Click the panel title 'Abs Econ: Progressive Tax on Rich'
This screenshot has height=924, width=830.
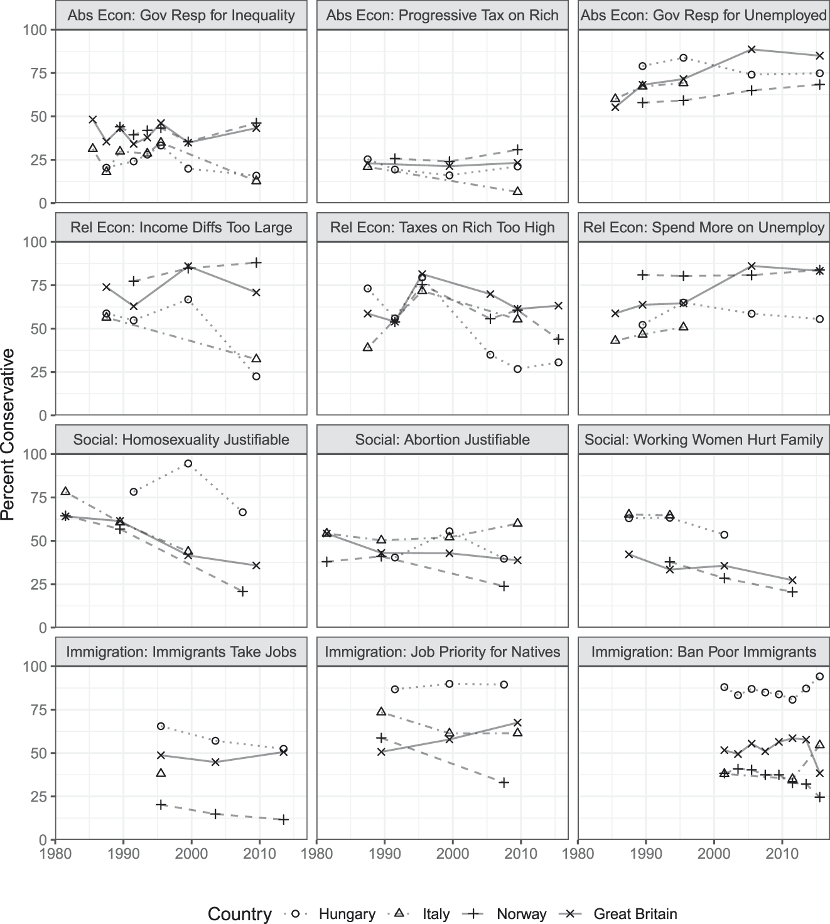coord(442,16)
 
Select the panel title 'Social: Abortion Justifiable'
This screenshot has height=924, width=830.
coord(442,440)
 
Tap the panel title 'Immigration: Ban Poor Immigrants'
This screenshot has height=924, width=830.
coord(703,652)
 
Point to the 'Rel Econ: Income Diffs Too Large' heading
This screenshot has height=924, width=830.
coord(181,228)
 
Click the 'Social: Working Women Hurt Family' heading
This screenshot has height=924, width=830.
coord(703,440)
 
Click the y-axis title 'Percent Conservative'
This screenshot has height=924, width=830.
coord(8,434)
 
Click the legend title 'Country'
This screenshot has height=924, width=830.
coord(240,914)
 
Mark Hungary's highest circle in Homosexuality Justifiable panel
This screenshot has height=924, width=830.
coord(188,464)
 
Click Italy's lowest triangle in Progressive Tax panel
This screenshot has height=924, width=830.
coord(517,191)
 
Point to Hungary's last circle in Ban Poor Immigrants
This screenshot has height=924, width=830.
coord(819,677)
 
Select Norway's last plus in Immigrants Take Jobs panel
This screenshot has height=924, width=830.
coord(284,820)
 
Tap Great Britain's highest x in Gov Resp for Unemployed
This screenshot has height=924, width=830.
coord(752,50)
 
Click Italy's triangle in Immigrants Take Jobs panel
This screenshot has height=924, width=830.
coord(161,773)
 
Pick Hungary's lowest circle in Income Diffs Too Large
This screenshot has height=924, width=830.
coord(256,377)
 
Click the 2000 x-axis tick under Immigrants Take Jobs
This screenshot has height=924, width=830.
coord(191,853)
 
